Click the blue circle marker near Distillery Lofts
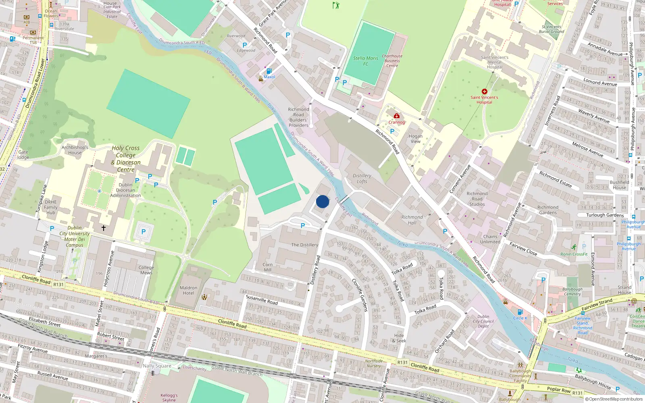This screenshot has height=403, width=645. click(322, 201)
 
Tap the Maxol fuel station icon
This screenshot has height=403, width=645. click(269, 71)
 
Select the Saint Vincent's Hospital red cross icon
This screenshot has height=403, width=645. click(484, 91)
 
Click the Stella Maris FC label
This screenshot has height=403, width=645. click(366, 61)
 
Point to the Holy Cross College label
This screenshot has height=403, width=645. click(126, 152)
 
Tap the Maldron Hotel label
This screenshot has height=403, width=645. click(188, 291)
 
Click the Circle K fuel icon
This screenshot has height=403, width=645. click(520, 312)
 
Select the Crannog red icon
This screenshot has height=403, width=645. click(397, 116)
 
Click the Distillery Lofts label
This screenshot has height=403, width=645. click(362, 179)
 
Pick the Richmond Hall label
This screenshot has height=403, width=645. click(412, 220)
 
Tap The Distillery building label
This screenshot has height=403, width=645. click(304, 245)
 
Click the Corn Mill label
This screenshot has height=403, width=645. click(268, 267)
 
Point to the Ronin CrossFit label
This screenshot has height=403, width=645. click(574, 254)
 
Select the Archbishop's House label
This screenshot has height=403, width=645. click(75, 150)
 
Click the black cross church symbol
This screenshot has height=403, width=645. click(104, 228)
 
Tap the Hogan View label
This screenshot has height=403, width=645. click(415, 139)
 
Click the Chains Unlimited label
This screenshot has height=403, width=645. click(490, 239)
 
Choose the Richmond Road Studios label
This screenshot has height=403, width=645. click(477, 199)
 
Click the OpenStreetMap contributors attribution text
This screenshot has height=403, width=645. click(616, 399)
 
